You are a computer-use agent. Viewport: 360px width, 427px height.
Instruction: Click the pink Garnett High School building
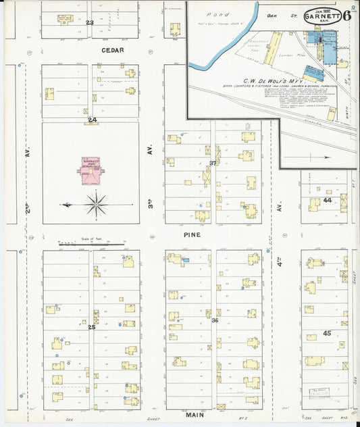(91, 171)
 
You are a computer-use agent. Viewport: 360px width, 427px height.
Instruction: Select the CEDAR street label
(91, 50)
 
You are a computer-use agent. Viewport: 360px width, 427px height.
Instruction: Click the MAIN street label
(192, 415)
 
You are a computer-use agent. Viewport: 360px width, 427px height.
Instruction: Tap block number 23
(90, 23)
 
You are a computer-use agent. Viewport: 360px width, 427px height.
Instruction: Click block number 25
(91, 327)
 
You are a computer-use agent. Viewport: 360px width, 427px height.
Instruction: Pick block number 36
(215, 320)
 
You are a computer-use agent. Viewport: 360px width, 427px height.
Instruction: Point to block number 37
(213, 164)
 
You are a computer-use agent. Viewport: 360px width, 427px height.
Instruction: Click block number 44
(327, 200)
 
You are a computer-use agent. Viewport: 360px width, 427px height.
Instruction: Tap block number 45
(327, 333)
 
